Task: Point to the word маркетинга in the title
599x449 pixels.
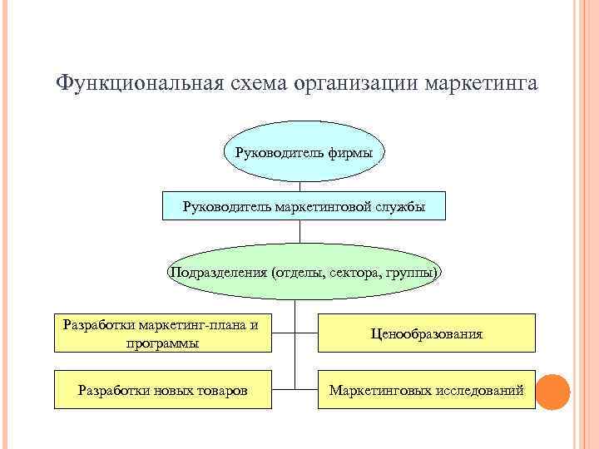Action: [x=482, y=85]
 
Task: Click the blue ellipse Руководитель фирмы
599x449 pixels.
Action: [x=304, y=153]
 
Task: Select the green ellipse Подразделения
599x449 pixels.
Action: [x=304, y=272]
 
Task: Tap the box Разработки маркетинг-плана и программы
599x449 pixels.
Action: [x=163, y=333]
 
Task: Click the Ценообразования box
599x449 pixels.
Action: [x=427, y=333]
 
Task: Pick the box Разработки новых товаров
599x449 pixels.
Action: [x=163, y=389]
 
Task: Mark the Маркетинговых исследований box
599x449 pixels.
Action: [x=427, y=389]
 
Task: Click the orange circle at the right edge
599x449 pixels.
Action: [x=552, y=390]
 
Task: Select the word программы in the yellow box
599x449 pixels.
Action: [x=163, y=343]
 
